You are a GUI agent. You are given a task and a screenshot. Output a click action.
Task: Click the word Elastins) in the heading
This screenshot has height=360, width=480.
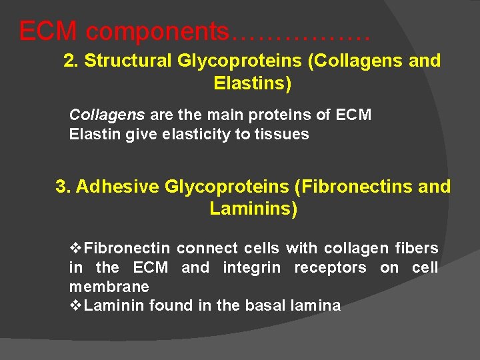[253, 84]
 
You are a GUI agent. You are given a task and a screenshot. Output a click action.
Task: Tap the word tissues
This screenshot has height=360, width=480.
[285, 134]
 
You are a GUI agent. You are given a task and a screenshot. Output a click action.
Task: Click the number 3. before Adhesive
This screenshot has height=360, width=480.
[63, 187]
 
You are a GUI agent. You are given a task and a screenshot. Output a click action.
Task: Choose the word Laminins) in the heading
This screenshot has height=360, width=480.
[253, 209]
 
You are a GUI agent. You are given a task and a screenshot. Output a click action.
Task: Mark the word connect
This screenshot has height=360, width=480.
[207, 249]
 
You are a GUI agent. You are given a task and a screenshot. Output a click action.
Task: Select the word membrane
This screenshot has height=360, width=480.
[109, 287]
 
